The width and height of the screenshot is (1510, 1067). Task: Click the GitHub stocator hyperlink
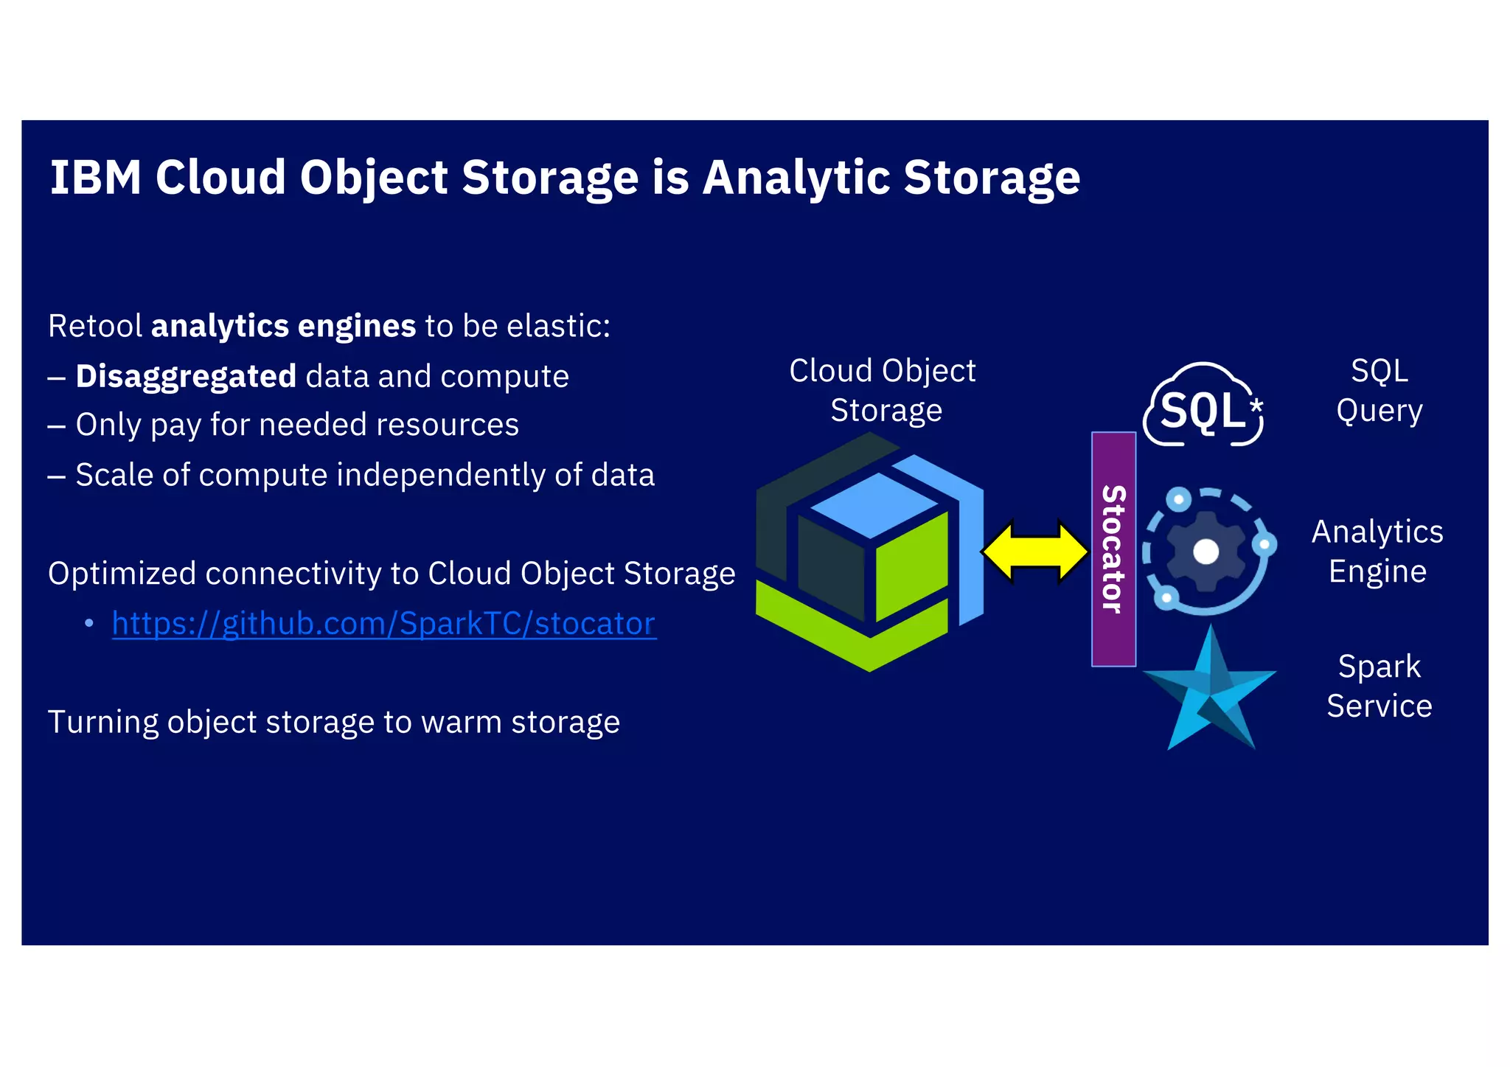(x=383, y=624)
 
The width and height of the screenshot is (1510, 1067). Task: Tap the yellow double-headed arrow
(x=1035, y=552)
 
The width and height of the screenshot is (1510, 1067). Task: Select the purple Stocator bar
(x=1113, y=549)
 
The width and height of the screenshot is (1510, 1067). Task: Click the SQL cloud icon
(x=1203, y=407)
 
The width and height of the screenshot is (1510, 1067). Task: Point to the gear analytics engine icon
(x=1208, y=551)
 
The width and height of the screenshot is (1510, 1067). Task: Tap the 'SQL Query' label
(x=1379, y=391)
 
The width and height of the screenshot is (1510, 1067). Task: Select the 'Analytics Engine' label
(x=1377, y=552)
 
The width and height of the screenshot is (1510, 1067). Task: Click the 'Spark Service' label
(x=1379, y=687)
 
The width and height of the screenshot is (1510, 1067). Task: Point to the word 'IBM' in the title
(x=95, y=178)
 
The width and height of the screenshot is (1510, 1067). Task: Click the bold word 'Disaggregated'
(x=186, y=376)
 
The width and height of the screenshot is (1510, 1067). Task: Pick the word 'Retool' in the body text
(x=95, y=326)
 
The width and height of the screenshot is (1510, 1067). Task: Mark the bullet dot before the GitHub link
(x=89, y=624)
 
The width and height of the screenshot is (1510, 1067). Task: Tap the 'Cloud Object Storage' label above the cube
(x=883, y=391)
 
